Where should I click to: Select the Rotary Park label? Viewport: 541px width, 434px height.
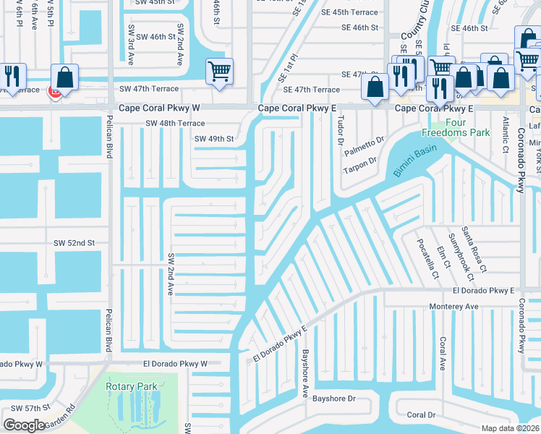(x=132, y=386)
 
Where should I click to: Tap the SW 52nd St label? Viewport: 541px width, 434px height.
(x=74, y=244)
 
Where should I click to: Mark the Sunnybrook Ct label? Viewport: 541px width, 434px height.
(x=460, y=258)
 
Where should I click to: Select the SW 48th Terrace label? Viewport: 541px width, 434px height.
(x=176, y=123)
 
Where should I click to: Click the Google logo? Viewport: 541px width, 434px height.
(x=24, y=425)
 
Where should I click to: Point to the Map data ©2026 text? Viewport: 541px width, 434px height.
(x=510, y=428)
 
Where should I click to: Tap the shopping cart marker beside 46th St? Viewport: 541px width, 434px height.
(x=219, y=72)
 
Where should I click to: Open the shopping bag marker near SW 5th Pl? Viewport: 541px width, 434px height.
(x=64, y=77)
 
